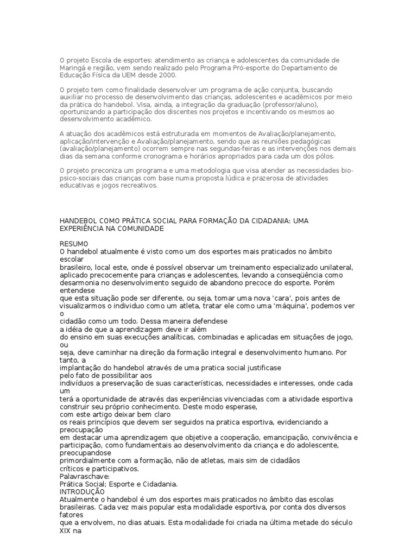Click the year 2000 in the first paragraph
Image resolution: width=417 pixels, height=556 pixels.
154,75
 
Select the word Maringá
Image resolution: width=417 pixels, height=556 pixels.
72,68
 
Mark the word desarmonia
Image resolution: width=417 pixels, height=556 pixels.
80,283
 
